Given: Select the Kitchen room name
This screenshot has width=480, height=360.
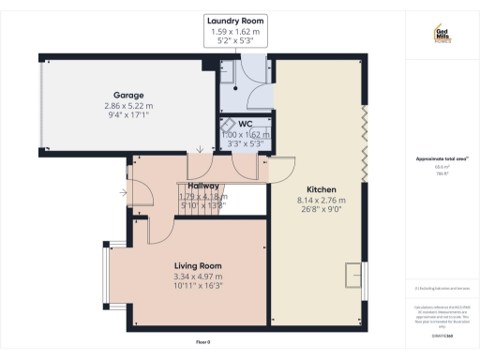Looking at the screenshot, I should point(321,188).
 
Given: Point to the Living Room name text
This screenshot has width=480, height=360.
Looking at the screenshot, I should point(198,265).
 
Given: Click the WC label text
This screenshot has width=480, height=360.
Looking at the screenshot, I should point(245,124).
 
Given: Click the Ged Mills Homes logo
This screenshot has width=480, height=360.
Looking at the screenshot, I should point(442,35).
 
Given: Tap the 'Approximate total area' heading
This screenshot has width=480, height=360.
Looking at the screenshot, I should point(441,158).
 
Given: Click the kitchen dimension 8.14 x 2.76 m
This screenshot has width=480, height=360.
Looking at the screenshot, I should point(321,200).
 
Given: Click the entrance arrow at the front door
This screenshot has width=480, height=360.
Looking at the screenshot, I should point(126,193).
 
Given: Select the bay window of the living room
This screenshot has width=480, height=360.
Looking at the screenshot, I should point(110,278).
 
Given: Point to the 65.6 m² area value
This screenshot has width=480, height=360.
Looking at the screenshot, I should point(441,167).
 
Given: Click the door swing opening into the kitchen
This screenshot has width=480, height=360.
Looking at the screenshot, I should point(279,170).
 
